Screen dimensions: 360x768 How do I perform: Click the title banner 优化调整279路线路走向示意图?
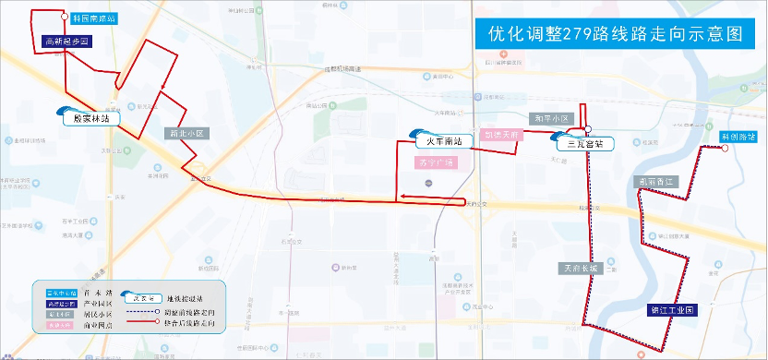[615, 34]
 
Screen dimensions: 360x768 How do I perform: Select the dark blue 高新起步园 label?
[66, 42]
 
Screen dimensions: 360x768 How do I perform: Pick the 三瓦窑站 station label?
[584, 144]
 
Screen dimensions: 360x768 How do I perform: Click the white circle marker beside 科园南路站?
[63, 18]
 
